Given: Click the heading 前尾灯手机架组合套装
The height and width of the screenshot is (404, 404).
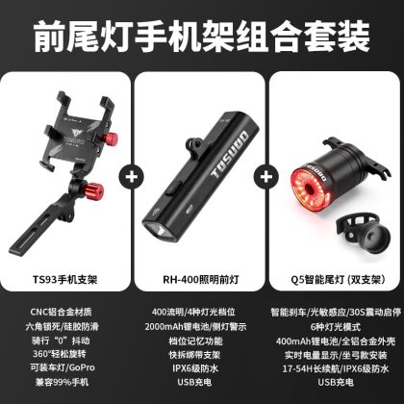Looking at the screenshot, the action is (x=202, y=37).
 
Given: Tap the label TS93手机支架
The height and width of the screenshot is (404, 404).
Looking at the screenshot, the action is (x=64, y=280).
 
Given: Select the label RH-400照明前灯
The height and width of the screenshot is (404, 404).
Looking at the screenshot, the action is (x=201, y=280).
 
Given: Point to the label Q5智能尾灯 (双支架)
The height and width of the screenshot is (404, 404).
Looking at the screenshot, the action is (x=338, y=280).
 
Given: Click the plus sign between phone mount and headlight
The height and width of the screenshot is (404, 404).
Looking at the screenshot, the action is (x=132, y=177).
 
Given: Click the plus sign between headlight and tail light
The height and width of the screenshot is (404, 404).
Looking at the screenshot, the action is (x=266, y=177).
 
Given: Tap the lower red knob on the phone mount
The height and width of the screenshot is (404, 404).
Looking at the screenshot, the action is (x=95, y=191).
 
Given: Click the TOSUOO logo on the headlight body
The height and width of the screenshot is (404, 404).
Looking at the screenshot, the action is (x=230, y=155).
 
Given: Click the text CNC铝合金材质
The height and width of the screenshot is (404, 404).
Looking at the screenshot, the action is (x=61, y=312).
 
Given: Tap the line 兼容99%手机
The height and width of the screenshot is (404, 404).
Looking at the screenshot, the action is (x=62, y=382).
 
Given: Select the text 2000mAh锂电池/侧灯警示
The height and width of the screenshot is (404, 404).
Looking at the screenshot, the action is (x=195, y=326).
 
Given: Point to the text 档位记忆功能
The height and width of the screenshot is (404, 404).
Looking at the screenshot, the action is (x=195, y=341).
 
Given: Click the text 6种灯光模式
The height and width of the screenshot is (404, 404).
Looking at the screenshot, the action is (x=336, y=326).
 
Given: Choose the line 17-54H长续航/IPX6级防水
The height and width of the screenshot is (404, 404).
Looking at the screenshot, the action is (x=336, y=368).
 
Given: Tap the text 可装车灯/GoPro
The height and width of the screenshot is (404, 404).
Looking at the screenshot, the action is (x=63, y=367).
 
